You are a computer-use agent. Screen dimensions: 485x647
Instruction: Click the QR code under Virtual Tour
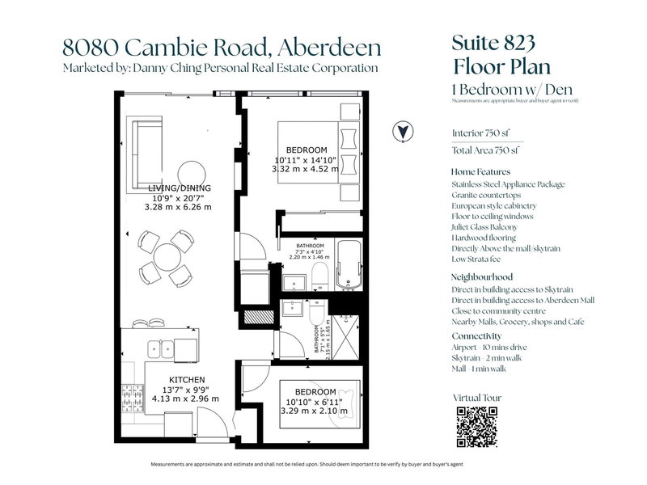coord(476,427)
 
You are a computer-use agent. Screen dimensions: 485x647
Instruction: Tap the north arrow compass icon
coord(400,131)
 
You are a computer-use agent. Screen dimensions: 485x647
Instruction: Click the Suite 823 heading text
coord(488,44)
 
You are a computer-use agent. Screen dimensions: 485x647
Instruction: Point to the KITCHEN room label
coord(187,379)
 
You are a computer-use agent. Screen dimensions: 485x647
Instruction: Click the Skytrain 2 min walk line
coord(491,356)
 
